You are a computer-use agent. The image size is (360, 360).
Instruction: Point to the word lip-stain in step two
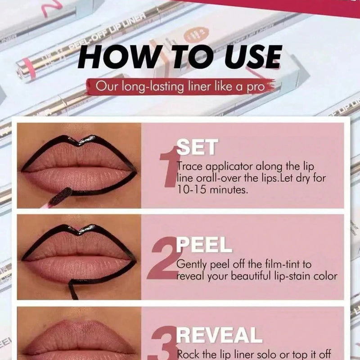click(290, 276)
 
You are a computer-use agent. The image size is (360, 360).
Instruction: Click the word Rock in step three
click(189, 353)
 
